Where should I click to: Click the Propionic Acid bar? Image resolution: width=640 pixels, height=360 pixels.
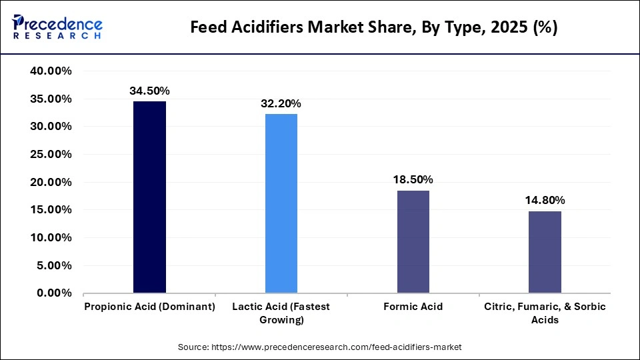tap(149, 197)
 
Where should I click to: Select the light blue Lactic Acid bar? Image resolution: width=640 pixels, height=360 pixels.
tap(281, 203)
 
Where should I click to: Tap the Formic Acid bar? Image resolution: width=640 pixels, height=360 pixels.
tap(413, 241)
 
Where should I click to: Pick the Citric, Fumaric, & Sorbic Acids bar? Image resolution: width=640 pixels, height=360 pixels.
tap(545, 252)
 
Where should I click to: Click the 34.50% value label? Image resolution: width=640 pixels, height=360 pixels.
tap(149, 89)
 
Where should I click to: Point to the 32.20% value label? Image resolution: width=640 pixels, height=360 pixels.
tap(281, 103)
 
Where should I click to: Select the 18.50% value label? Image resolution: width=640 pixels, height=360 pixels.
tap(413, 179)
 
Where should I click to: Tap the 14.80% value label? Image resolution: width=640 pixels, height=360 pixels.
tap(545, 200)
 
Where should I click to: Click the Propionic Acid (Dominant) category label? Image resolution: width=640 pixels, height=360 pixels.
tap(149, 307)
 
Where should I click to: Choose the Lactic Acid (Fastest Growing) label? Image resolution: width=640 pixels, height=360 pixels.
tap(281, 313)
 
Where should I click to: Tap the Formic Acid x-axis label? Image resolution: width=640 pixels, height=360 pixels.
tap(413, 307)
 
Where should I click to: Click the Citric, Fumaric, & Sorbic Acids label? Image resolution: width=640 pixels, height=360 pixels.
tap(545, 313)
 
